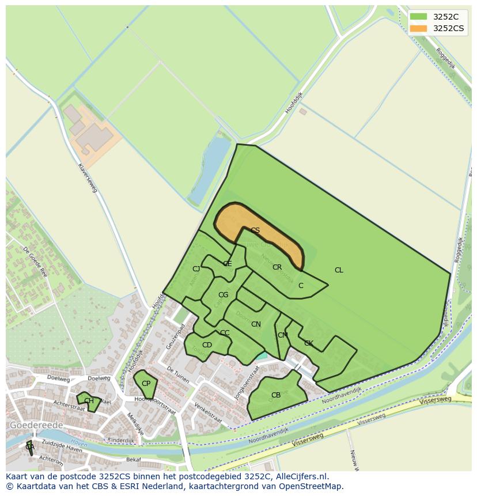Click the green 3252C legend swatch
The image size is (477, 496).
tap(418, 17)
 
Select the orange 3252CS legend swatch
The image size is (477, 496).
tap(418, 28)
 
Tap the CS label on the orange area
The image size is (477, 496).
tap(255, 230)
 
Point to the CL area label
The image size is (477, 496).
tap(339, 270)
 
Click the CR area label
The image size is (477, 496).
tap(277, 267)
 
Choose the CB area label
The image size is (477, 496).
tap(276, 395)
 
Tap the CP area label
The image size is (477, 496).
tap(146, 384)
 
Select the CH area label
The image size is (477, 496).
tap(89, 401)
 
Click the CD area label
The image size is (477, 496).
tap(207, 345)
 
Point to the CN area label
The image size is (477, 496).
tap(256, 324)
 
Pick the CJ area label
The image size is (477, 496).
tap(196, 269)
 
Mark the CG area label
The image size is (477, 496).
tap(223, 295)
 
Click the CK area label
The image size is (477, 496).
tap(308, 343)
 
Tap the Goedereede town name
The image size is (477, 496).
tap(36, 425)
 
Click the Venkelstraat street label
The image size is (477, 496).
tap(209, 412)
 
